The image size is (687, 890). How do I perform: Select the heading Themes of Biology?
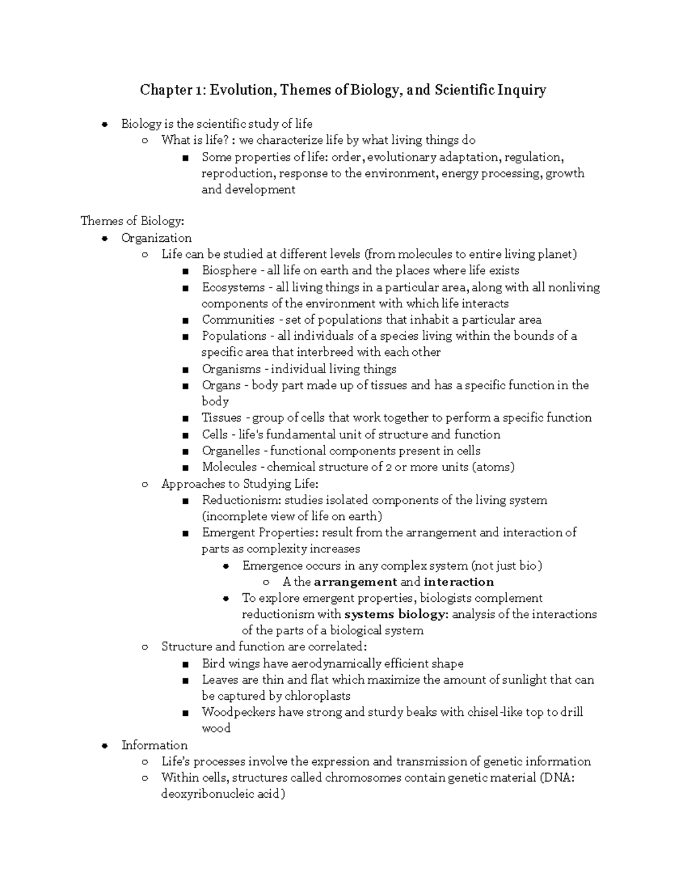coord(132,221)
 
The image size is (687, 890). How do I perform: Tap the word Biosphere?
coord(229,270)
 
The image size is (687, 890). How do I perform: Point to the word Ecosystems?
coord(233,287)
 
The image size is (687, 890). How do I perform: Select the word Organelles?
coord(231,451)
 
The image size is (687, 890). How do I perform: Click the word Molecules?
coord(229,467)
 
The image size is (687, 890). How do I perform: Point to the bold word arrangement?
coord(356,582)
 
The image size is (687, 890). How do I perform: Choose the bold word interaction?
coord(459,582)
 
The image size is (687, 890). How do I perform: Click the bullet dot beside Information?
coord(104,746)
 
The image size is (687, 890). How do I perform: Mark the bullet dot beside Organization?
coord(104,238)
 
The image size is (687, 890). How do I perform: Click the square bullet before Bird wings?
coord(185,665)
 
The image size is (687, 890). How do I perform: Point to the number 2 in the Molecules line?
coord(389,467)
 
